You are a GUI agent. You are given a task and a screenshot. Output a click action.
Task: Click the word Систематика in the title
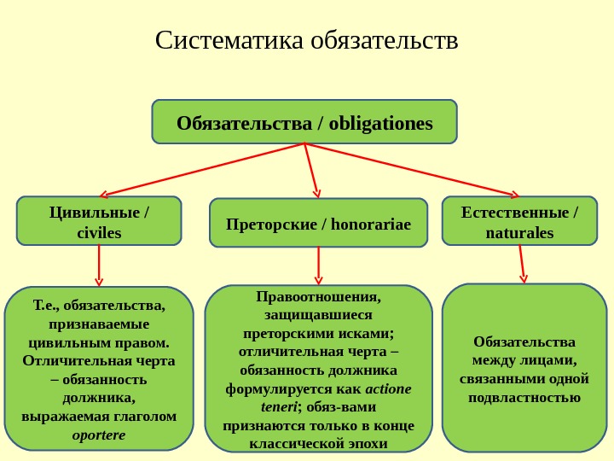click(230, 40)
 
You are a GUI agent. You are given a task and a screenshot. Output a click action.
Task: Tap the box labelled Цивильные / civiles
click(99, 221)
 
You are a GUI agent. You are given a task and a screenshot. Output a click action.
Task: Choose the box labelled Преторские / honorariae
click(318, 225)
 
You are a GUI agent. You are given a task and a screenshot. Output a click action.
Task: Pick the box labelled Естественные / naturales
click(519, 221)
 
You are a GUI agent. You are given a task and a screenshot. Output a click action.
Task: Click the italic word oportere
click(99, 435)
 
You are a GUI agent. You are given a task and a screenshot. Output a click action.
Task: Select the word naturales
click(519, 233)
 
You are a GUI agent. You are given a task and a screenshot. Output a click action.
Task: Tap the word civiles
click(99, 233)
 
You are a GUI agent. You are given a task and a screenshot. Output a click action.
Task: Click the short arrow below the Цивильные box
click(99, 266)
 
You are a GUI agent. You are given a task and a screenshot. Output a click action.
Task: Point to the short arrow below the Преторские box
click(319, 266)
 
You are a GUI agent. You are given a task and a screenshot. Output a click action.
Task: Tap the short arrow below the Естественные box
click(522, 264)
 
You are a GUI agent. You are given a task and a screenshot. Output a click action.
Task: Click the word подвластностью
click(524, 397)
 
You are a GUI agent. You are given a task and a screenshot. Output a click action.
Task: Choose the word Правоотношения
click(318, 297)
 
